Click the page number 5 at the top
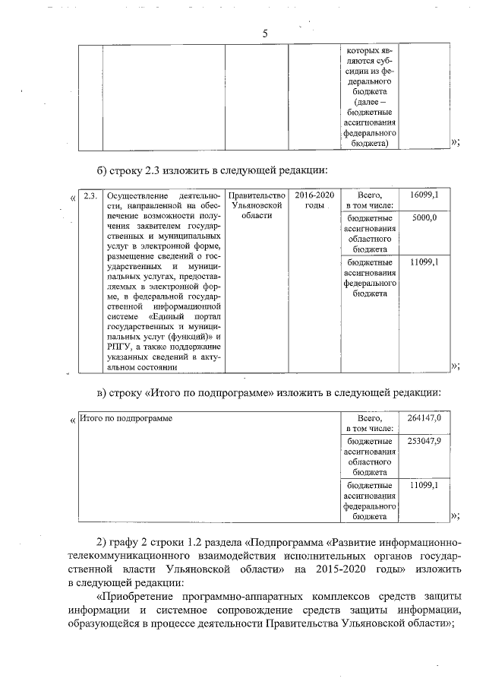[x=265, y=33]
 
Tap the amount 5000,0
[x=424, y=217]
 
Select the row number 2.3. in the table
[x=90, y=195]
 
